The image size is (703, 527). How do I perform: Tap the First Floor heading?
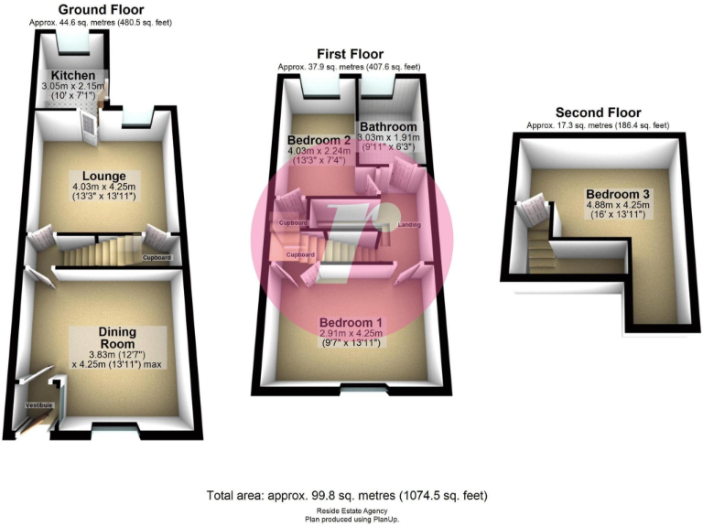pos(350,54)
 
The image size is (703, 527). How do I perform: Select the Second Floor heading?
pos(598,113)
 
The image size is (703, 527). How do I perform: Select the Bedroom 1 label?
pos(350,323)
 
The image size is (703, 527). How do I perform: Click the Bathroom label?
pos(388,126)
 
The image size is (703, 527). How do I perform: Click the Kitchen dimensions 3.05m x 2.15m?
pos(73,86)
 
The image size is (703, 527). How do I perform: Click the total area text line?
pos(347,495)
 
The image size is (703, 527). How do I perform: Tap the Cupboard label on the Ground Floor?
pos(156,258)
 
